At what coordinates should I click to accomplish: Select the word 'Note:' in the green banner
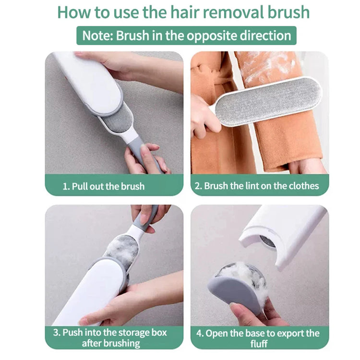97,36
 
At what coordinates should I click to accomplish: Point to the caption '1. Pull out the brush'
103,186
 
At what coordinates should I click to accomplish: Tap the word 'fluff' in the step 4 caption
260,344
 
